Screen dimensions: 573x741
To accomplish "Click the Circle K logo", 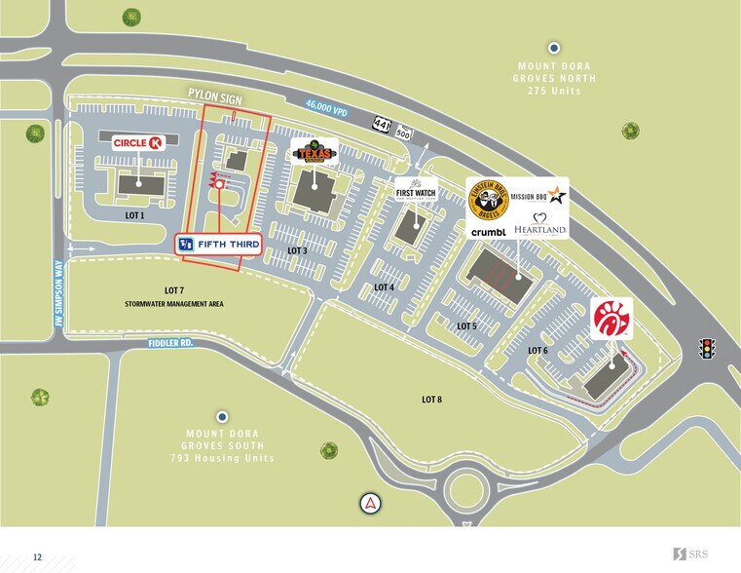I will [136, 142].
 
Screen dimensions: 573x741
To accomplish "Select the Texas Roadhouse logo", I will [315, 152].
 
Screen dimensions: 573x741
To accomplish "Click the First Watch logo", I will [416, 192].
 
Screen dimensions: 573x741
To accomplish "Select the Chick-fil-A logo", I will [611, 319].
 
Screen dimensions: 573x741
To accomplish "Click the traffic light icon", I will [708, 348].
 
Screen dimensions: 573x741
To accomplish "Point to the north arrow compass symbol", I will [371, 503].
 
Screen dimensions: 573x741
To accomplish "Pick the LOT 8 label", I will [432, 399].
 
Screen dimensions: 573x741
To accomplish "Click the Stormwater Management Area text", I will [174, 304].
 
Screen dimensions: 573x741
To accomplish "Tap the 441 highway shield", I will [383, 121].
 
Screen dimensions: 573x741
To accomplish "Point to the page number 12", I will [37, 556].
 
